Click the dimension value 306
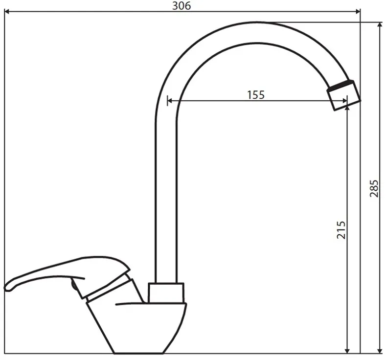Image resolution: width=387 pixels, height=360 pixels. (182, 6)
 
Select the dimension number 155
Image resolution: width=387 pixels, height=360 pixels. (256, 95)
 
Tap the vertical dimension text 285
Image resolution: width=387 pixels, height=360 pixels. (374, 188)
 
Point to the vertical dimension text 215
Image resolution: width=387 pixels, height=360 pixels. (341, 230)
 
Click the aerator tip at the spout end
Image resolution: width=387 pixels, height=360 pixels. (344, 95)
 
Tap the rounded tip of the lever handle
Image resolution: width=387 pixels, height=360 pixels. (7, 288)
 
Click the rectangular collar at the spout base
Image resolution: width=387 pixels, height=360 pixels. (166, 292)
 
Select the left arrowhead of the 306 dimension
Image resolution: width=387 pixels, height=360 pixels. (7, 11)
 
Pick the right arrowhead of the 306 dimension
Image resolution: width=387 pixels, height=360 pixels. (357, 11)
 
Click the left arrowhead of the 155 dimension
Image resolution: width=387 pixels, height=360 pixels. (170, 100)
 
